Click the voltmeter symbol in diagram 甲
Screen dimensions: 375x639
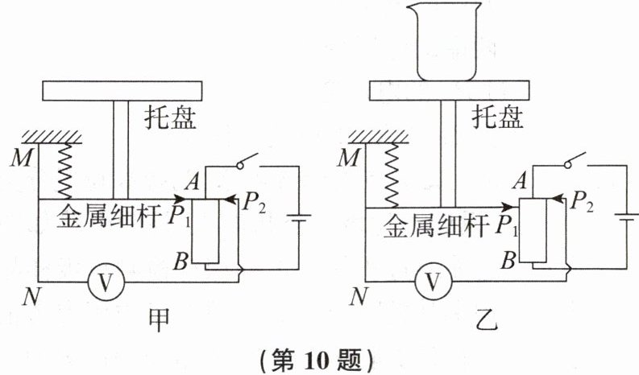pos(102,281)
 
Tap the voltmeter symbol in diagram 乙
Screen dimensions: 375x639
pos(431,281)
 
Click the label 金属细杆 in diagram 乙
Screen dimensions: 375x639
pos(427,225)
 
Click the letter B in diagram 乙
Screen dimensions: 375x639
pos(508,260)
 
